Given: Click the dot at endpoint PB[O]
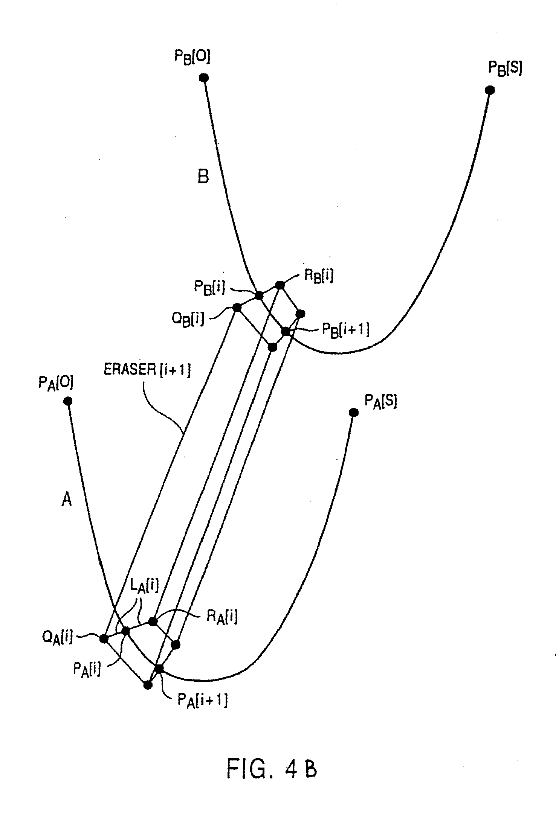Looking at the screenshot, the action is coord(204,78).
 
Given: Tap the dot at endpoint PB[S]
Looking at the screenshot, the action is coord(490,90).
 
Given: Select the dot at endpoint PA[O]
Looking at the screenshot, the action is coord(68,401).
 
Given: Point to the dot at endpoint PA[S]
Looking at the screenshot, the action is coord(353,413).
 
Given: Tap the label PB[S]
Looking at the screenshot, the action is coord(505,69).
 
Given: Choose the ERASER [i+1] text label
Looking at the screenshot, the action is coord(147,370).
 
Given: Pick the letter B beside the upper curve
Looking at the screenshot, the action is coord(203,176).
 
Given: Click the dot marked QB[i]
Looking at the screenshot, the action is coord(237,308).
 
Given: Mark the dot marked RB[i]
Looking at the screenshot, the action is coord(280,285).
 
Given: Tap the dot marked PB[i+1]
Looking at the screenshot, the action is coord(286,332).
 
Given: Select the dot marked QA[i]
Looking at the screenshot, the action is coord(104,638).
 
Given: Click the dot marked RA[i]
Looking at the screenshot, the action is coord(153,621).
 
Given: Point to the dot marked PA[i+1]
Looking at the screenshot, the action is coord(159,669).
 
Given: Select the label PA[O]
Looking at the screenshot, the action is coord(56,383).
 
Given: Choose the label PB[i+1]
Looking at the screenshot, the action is coord(345,329).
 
